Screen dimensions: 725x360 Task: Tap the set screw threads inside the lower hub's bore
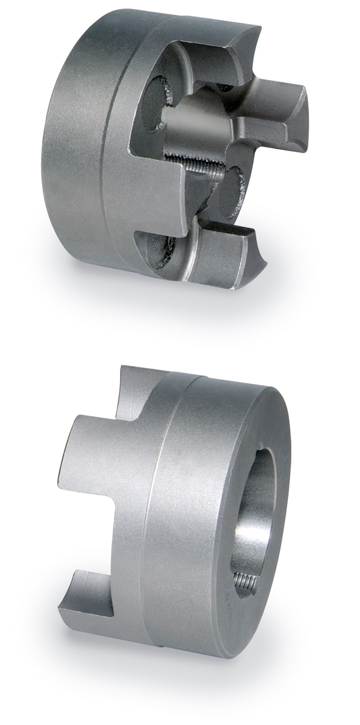click(x=243, y=580)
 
